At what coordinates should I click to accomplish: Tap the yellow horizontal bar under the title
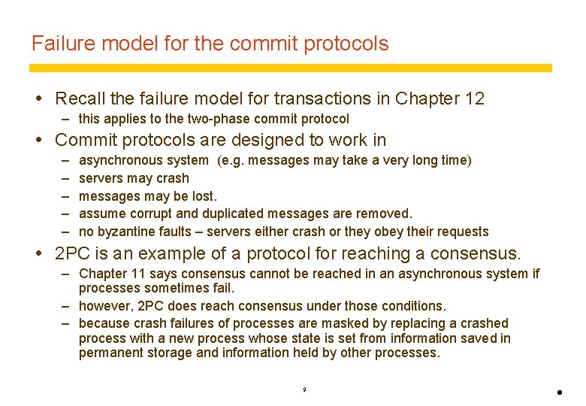[291, 68]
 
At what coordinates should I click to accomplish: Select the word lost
[203, 196]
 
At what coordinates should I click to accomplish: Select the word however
[104, 306]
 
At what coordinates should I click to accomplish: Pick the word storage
[169, 353]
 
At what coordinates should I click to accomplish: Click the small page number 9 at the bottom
[304, 390]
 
